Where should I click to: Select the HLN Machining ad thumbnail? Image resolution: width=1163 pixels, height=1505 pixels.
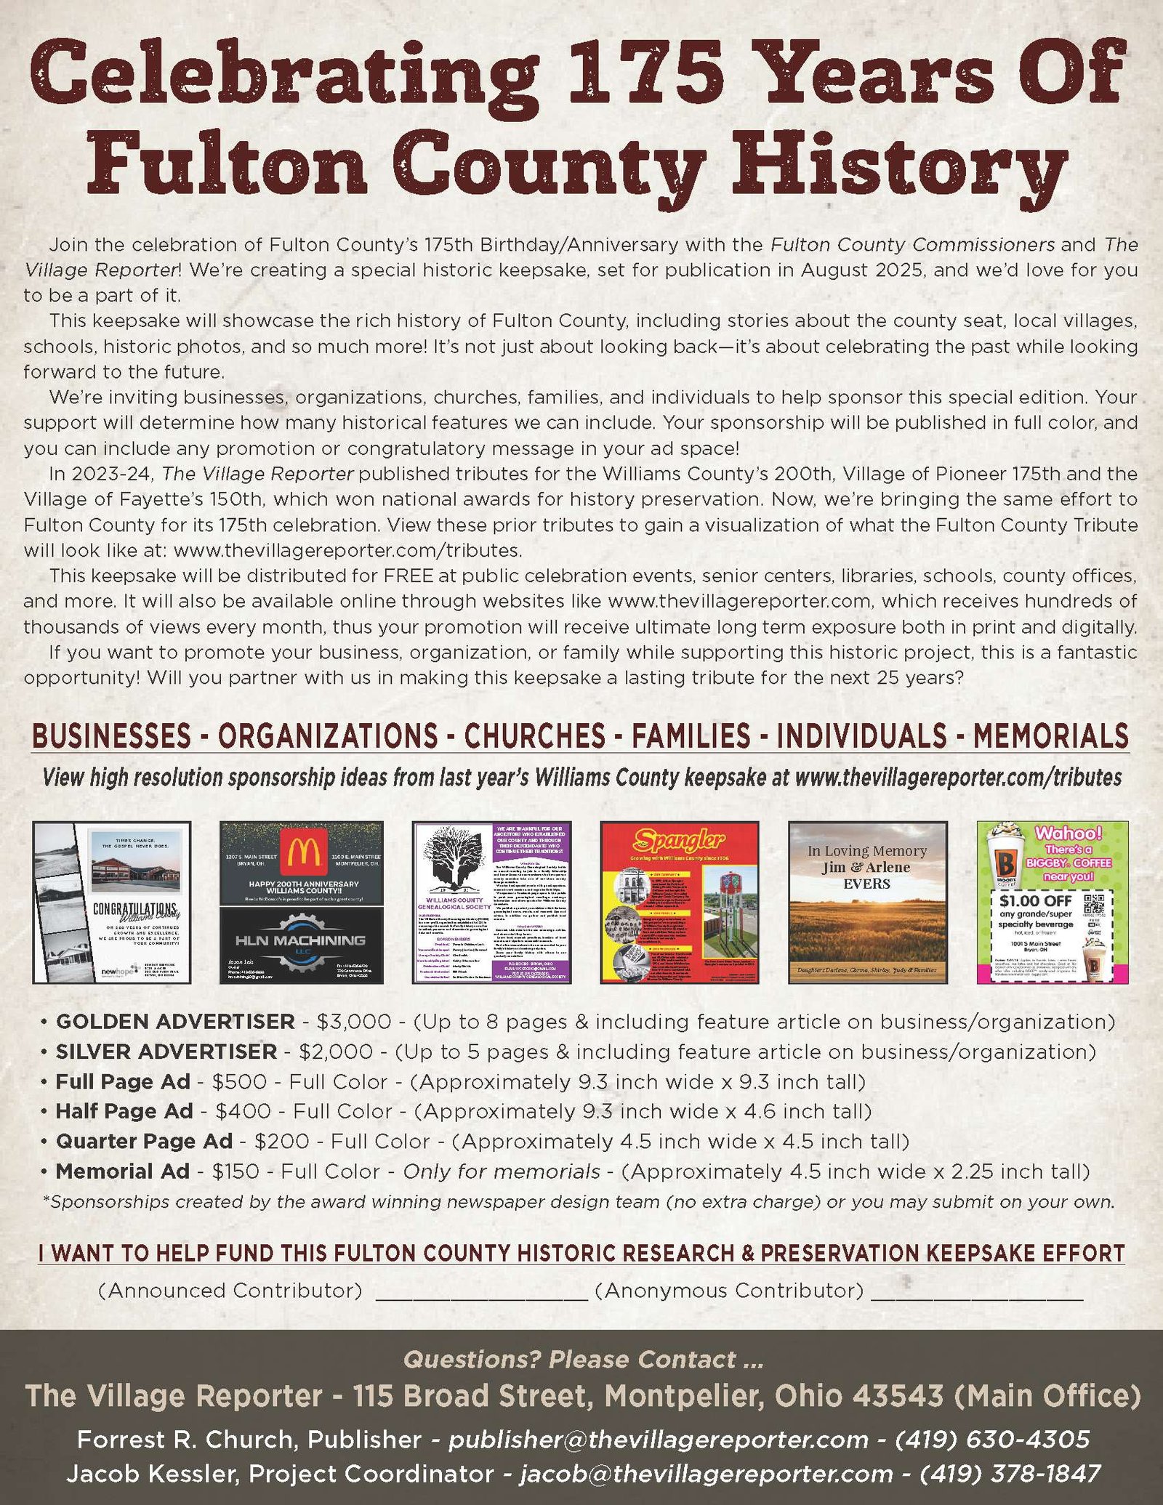click(301, 945)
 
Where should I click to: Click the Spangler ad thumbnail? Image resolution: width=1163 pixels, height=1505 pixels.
click(679, 902)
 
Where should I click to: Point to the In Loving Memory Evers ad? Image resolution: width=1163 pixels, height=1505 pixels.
click(867, 902)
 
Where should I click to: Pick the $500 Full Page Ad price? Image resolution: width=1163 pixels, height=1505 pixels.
click(239, 1081)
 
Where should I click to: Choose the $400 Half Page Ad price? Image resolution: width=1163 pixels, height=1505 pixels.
click(244, 1111)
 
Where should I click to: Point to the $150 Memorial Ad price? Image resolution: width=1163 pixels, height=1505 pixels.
click(236, 1171)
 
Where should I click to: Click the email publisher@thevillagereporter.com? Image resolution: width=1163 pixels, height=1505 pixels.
click(658, 1439)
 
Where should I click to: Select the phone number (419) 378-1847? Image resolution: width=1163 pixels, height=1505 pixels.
click(1010, 1473)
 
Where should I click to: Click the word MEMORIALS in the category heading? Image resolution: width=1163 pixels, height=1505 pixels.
click(1050, 736)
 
